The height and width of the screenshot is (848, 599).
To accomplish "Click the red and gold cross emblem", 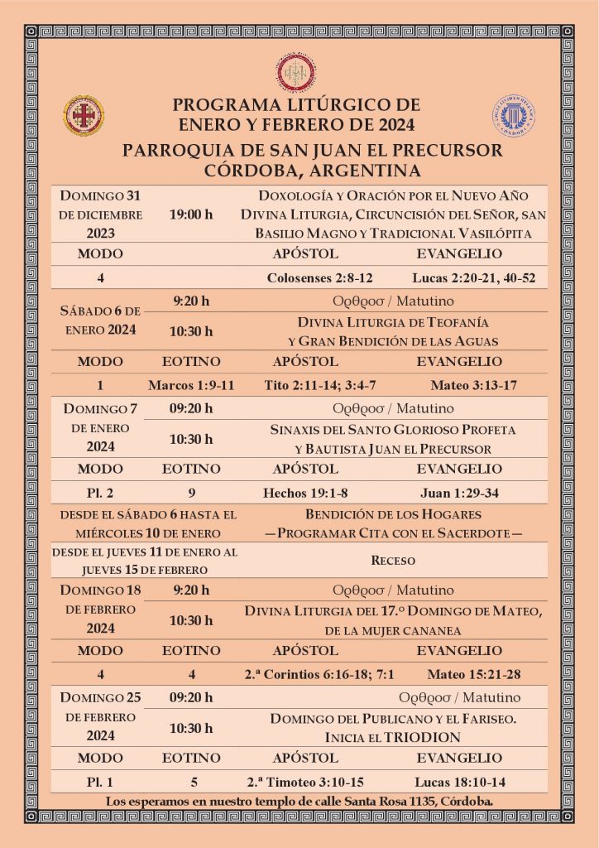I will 84,115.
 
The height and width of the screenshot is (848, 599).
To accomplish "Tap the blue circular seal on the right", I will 514,115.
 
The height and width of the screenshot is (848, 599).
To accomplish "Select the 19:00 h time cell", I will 191,214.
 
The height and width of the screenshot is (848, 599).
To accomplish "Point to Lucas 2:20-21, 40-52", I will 473,278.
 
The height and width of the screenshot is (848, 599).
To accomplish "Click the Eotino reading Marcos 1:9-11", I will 191,385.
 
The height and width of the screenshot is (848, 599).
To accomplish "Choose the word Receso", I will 393,561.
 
